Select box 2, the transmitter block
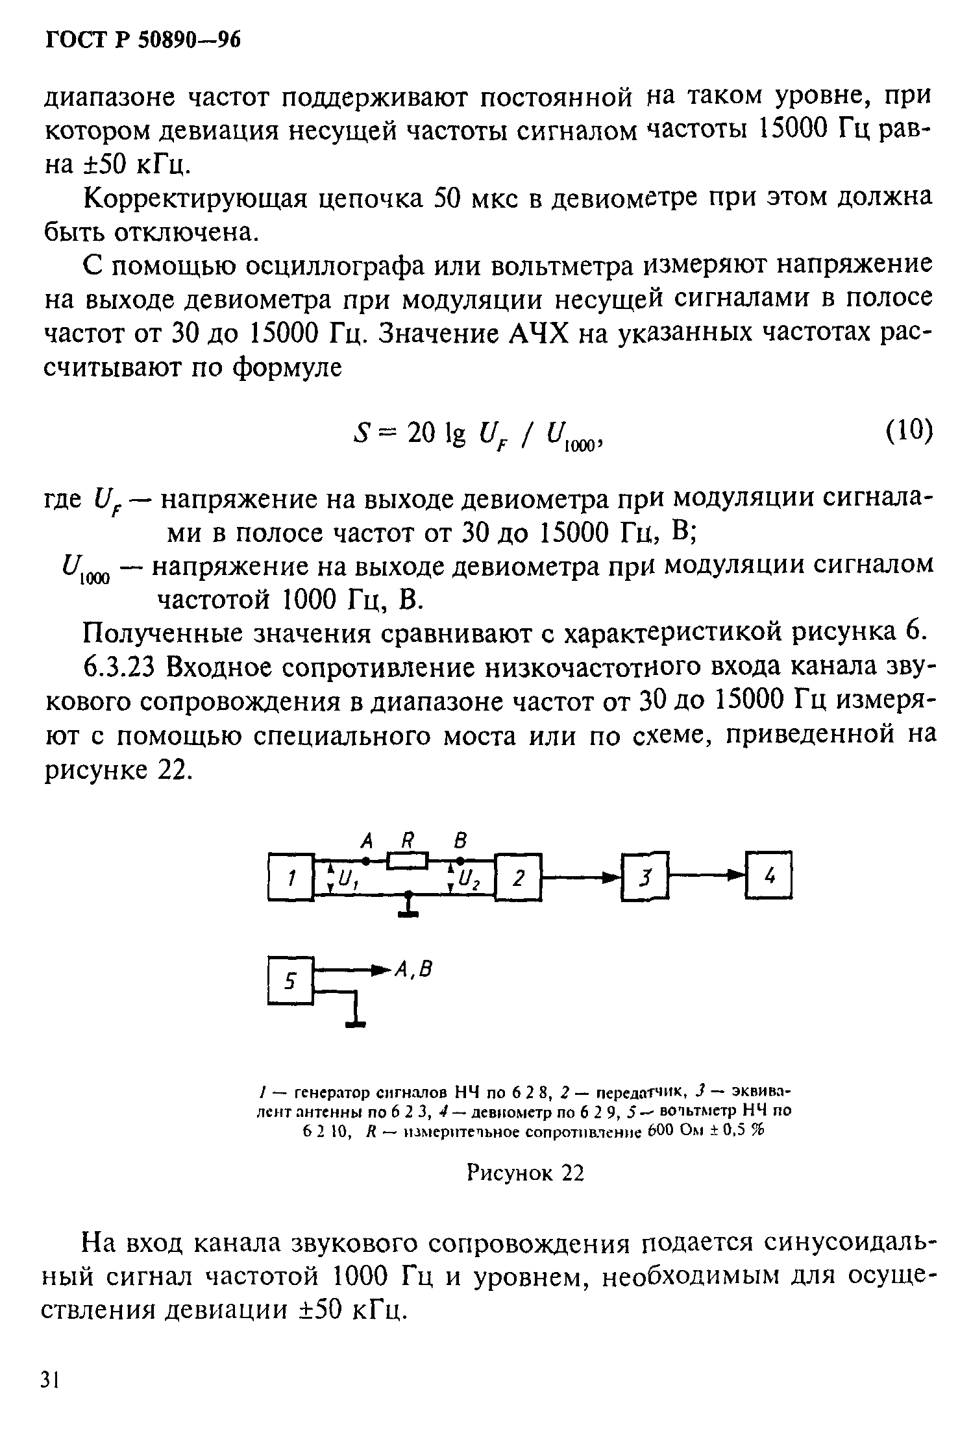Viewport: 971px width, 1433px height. (x=519, y=878)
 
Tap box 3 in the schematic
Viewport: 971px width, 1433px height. (x=645, y=877)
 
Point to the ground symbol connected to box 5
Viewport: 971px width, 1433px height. (x=355, y=1023)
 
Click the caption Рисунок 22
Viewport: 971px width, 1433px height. (x=525, y=1173)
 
